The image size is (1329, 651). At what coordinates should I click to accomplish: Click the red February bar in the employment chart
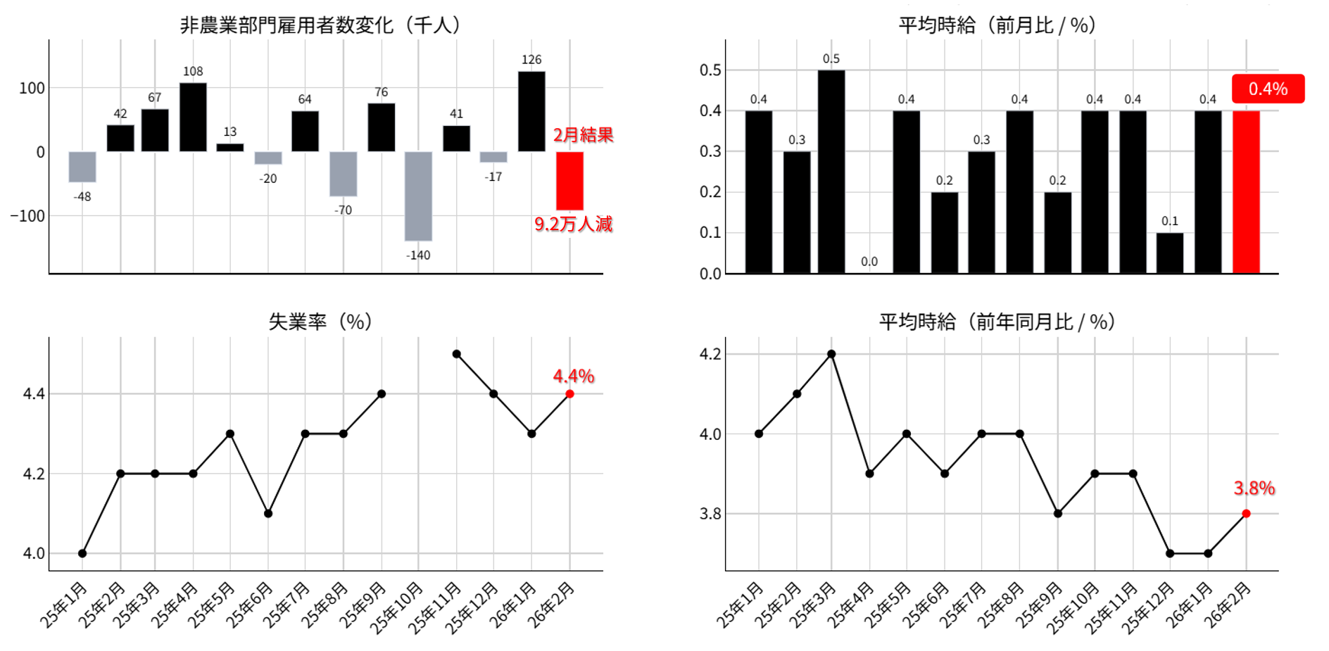click(x=569, y=181)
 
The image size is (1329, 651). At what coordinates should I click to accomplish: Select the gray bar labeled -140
click(x=418, y=196)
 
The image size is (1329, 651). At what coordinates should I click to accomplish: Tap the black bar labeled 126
click(x=531, y=111)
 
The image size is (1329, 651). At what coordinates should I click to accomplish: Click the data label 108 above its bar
click(x=193, y=71)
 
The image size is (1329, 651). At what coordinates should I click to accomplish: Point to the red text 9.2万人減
click(x=573, y=225)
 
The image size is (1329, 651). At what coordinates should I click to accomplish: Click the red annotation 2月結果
click(x=583, y=135)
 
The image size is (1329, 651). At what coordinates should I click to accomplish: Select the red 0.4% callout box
click(x=1268, y=89)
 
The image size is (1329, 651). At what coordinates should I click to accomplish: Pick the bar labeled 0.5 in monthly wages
click(x=831, y=171)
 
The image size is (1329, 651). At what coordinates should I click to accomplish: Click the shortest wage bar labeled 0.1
click(x=1170, y=253)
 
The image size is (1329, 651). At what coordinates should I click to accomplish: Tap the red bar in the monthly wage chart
click(x=1246, y=191)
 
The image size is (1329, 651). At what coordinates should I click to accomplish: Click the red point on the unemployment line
click(x=569, y=394)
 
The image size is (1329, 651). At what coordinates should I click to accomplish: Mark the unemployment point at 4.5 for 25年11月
click(x=457, y=354)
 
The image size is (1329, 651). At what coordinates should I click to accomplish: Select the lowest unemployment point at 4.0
click(x=82, y=553)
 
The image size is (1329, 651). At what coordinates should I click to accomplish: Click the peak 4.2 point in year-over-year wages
click(x=831, y=354)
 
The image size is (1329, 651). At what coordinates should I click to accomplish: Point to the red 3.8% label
click(x=1254, y=488)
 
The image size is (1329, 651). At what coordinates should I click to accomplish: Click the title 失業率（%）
click(x=320, y=322)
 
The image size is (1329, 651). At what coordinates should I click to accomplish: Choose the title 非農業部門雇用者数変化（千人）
click(x=320, y=25)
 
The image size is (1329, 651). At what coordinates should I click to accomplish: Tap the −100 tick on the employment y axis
click(x=27, y=216)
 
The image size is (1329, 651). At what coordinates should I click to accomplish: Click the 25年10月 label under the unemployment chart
click(x=398, y=607)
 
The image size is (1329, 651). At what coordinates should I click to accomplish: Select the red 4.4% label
click(x=573, y=377)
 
